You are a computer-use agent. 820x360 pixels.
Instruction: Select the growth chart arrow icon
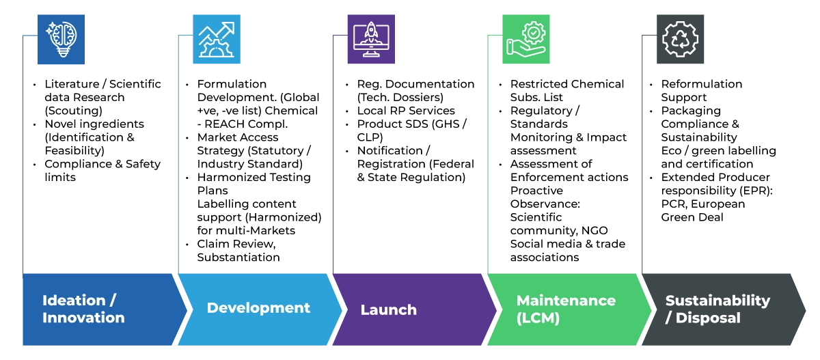[216, 38]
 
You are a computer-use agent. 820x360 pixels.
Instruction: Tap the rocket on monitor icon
[371, 38]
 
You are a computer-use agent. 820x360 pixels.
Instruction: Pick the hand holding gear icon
[525, 38]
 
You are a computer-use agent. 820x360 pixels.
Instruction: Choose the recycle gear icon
[681, 38]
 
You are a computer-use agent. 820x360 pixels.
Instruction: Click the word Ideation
[74, 301]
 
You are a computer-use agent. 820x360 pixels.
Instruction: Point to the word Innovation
[83, 318]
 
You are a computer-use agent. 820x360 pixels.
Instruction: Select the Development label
[258, 308]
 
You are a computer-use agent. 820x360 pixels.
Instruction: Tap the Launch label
[388, 310]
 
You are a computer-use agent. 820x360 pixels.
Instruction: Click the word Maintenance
[566, 301]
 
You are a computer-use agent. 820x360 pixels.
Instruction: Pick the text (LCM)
[538, 318]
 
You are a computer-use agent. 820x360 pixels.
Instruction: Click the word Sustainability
[717, 301]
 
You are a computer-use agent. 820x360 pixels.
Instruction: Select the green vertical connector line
[489, 157]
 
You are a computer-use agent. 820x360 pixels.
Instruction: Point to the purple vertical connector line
[330, 157]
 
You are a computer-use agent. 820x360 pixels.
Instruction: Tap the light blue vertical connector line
[177, 157]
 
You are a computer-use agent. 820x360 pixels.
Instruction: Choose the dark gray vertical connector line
[642, 157]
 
